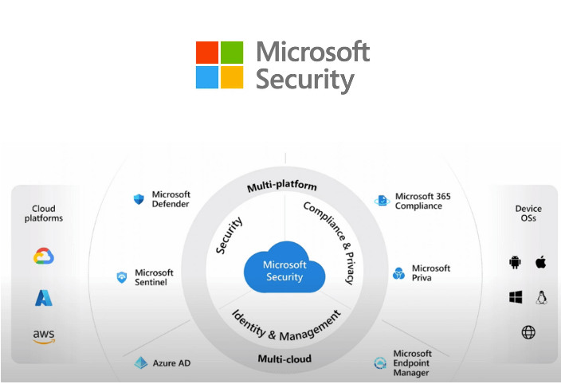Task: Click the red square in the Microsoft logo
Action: coord(207,53)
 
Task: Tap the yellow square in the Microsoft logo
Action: coord(232,77)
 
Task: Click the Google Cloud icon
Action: coord(44,257)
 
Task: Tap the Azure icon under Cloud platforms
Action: coord(44,298)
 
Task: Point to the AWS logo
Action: coord(44,336)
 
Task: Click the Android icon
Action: coord(514,262)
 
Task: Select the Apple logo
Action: coord(540,261)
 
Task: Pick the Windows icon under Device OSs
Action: coord(515,297)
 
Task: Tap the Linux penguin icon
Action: coord(541,297)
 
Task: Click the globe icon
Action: coord(528,332)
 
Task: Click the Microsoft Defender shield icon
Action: coord(139,199)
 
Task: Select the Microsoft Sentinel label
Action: coord(154,277)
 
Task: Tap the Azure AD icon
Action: coord(140,363)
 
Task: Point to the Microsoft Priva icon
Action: coord(399,274)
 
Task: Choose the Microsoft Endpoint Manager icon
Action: coord(380,364)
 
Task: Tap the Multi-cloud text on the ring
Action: coord(284,359)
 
